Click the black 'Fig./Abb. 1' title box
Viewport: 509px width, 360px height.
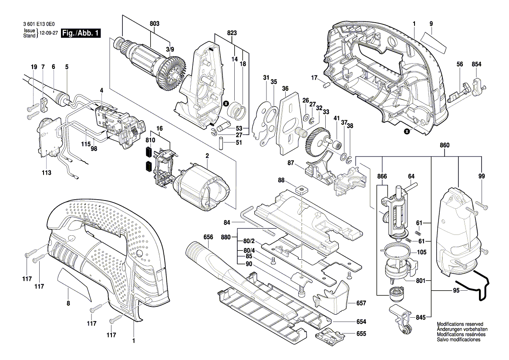(81, 33)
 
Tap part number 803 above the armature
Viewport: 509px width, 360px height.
(155, 24)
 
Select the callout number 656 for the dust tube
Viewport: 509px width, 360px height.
(208, 237)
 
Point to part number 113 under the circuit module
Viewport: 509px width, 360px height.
(47, 173)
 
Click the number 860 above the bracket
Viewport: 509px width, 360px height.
(445, 145)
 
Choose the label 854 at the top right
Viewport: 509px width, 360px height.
(476, 65)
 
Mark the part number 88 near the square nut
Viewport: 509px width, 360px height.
(281, 180)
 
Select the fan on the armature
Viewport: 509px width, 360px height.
(169, 75)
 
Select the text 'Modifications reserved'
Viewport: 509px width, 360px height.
(460, 324)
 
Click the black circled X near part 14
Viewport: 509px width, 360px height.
(226, 103)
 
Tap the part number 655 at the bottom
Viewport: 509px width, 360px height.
(361, 334)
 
